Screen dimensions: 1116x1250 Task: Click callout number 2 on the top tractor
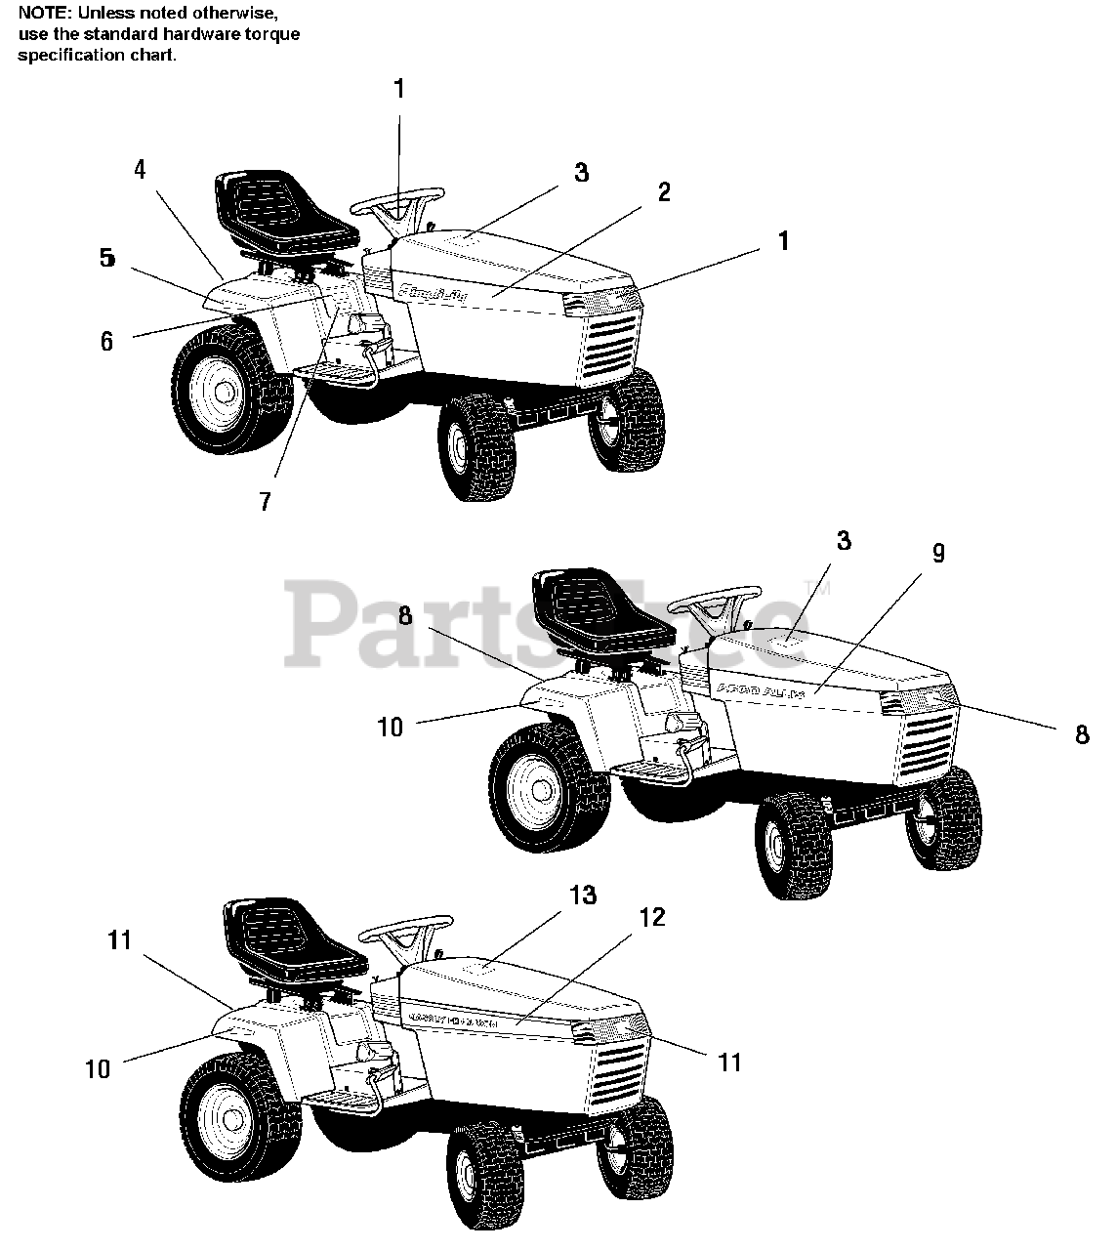[x=664, y=191]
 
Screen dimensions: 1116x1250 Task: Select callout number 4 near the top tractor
[x=140, y=169]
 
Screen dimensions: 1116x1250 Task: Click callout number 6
[x=106, y=341]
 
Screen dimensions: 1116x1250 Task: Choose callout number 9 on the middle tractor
[x=938, y=553]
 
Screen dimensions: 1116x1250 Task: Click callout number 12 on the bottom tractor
[x=652, y=917]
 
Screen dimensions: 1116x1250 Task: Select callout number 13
[x=583, y=896]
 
